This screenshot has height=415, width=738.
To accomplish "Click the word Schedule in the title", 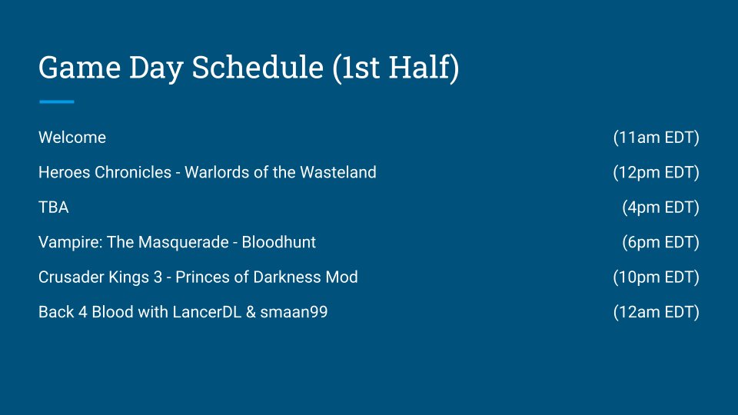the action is pyautogui.click(x=258, y=68).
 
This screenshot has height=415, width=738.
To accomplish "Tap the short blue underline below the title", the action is pyautogui.click(x=56, y=101).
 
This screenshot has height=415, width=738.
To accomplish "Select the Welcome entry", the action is pyautogui.click(x=72, y=138).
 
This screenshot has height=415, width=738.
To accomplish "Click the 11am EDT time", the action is pyautogui.click(x=656, y=138).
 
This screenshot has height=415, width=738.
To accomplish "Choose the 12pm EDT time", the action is pyautogui.click(x=656, y=172).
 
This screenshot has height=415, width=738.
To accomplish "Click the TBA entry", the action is pyautogui.click(x=54, y=207).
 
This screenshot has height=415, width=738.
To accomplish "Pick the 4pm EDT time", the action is pyautogui.click(x=661, y=207).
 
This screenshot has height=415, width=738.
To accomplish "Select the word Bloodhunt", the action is pyautogui.click(x=278, y=242).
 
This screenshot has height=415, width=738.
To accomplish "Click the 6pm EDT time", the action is pyautogui.click(x=661, y=242).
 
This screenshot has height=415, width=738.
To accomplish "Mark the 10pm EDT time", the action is pyautogui.click(x=656, y=277).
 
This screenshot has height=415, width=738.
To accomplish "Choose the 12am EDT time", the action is pyautogui.click(x=656, y=312).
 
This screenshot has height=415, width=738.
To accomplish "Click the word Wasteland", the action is pyautogui.click(x=338, y=172).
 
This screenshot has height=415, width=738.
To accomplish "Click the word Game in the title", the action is pyautogui.click(x=79, y=68).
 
